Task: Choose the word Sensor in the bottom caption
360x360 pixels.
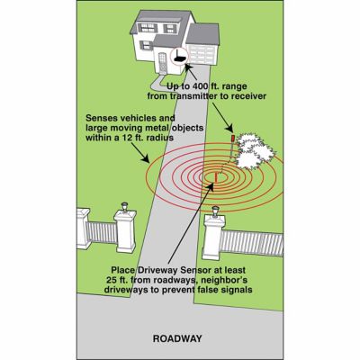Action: tap(206, 269)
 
